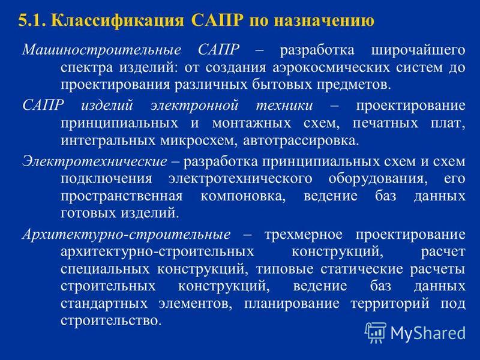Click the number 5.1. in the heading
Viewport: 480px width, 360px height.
[x=32, y=20]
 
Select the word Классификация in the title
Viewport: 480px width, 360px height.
[x=118, y=21]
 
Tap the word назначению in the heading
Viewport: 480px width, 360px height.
[x=324, y=21]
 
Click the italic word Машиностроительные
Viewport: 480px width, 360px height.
[x=101, y=50]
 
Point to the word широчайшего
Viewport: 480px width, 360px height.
[x=418, y=50]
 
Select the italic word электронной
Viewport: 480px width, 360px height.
[x=194, y=106]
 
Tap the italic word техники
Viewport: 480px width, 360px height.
[x=284, y=106]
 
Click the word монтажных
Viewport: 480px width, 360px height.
[x=251, y=123]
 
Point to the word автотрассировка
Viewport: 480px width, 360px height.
[x=301, y=141]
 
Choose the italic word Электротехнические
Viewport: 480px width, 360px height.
[x=95, y=161]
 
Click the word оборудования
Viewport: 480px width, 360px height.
[x=378, y=179]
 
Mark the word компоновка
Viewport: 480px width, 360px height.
[x=244, y=197]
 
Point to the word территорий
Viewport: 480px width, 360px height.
[x=390, y=304]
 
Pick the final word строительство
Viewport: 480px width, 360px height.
[x=111, y=321]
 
